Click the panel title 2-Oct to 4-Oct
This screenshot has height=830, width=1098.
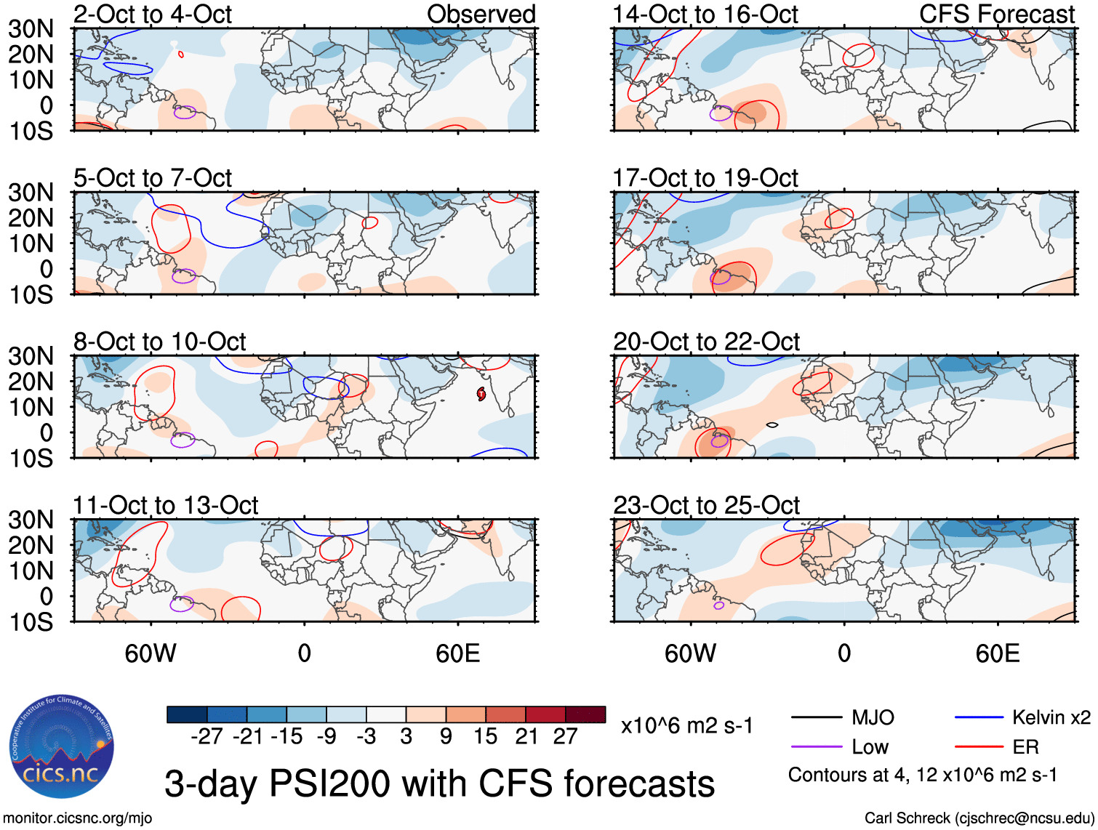[x=152, y=14]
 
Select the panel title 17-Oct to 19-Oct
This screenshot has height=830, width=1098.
[x=705, y=177]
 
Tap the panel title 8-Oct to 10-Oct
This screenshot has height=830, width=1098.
[x=159, y=342]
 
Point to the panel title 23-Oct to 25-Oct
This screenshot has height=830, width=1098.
[x=705, y=505]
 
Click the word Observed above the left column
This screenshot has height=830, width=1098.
[x=481, y=14]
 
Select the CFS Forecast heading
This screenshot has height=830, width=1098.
[x=996, y=14]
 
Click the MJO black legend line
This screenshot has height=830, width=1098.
[x=816, y=718]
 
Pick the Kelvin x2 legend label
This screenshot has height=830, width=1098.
[x=1051, y=718]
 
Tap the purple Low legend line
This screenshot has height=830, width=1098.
[x=816, y=747]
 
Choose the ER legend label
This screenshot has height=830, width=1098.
[x=1025, y=747]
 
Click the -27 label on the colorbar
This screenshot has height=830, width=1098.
[x=207, y=736]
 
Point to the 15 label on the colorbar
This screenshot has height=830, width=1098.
[x=485, y=736]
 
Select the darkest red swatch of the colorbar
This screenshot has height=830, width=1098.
[x=585, y=714]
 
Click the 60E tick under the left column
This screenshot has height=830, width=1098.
[x=457, y=653]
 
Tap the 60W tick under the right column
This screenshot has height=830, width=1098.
[x=690, y=653]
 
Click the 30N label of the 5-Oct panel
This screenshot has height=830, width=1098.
[x=31, y=193]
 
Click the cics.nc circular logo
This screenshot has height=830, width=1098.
[x=61, y=746]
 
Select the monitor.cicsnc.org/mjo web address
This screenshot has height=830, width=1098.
[x=78, y=818]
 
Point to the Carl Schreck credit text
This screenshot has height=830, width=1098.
[x=979, y=818]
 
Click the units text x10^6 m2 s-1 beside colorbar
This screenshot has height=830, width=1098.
[x=686, y=725]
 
